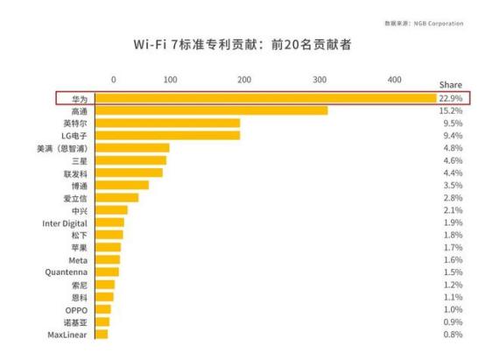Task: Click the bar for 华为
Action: click(263, 98)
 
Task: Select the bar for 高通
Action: click(211, 110)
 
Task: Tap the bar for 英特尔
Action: click(167, 124)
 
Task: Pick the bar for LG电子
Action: click(167, 136)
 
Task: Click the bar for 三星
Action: click(130, 160)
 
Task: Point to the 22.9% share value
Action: click(452, 98)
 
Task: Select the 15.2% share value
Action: click(452, 110)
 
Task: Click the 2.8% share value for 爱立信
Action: click(452, 198)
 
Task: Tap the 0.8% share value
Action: click(452, 335)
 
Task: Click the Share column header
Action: click(450, 85)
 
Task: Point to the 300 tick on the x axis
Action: click(320, 80)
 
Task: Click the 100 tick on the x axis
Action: click(170, 80)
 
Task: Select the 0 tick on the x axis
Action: click(113, 80)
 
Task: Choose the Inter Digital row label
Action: click(65, 223)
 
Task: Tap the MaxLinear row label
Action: click(67, 335)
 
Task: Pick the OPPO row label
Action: click(76, 310)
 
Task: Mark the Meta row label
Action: click(78, 260)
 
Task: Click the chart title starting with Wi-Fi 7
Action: click(242, 45)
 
